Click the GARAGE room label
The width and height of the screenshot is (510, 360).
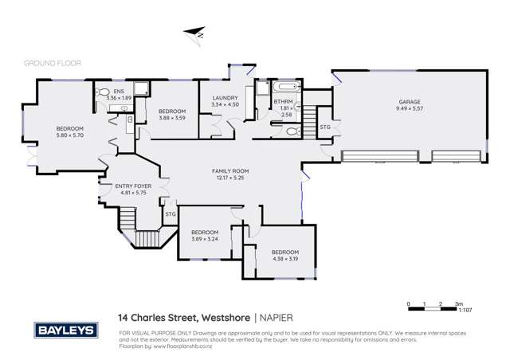[410, 102]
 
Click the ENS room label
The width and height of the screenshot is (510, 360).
[119, 92]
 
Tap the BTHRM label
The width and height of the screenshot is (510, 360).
[282, 101]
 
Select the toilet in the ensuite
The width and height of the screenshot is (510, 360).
[103, 93]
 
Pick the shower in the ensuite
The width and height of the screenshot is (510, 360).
[139, 88]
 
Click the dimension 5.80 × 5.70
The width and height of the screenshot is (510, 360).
[69, 135]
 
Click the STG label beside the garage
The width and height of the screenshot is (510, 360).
[324, 127]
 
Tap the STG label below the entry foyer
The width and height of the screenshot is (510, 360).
[170, 213]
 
